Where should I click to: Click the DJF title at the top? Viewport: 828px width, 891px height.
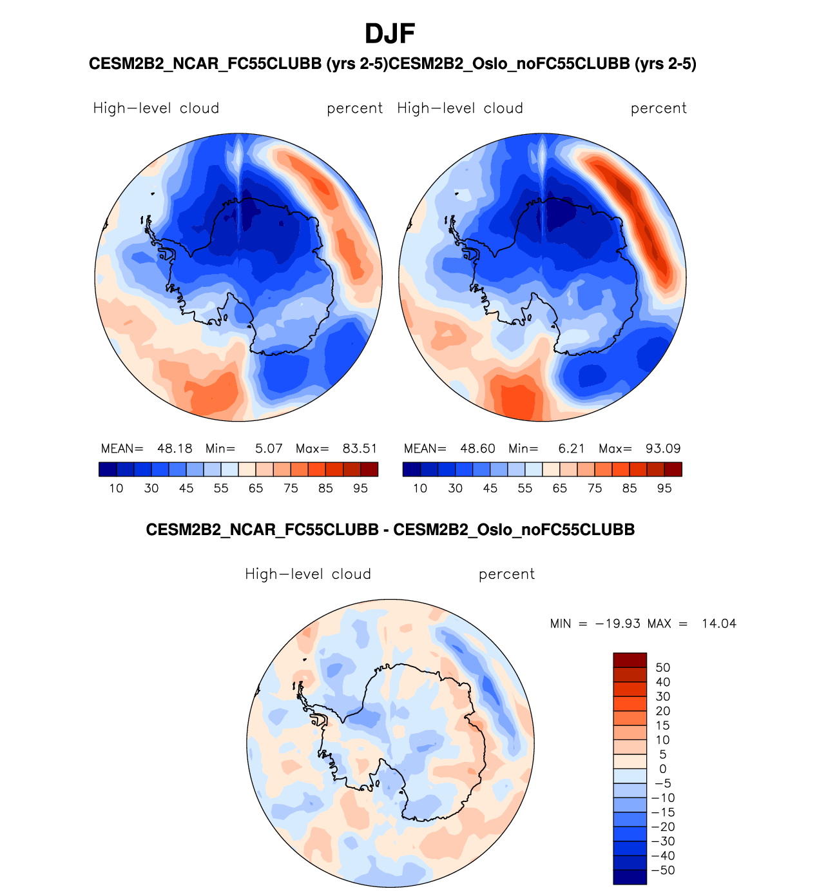[390, 34]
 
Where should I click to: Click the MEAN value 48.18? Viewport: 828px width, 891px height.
[175, 449]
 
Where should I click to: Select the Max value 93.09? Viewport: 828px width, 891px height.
[663, 449]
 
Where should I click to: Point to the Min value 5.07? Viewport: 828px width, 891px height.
[269, 449]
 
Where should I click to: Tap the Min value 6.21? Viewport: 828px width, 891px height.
[572, 449]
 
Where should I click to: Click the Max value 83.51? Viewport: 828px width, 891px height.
[360, 449]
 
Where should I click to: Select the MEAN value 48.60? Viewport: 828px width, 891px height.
[477, 449]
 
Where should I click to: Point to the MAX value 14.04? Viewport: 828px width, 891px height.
[719, 623]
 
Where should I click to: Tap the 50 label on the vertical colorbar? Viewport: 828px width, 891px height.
[662, 668]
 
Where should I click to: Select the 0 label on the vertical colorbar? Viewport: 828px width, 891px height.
[662, 769]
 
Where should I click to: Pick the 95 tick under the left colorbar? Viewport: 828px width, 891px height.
[360, 489]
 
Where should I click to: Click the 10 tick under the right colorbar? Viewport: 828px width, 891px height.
[420, 489]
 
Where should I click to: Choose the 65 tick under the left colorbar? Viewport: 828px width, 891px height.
[256, 489]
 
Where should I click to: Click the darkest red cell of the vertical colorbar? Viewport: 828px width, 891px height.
[630, 660]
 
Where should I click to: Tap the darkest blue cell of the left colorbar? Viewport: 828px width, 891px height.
[108, 469]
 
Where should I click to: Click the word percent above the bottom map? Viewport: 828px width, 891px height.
[506, 574]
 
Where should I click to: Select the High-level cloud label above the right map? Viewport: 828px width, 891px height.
[460, 108]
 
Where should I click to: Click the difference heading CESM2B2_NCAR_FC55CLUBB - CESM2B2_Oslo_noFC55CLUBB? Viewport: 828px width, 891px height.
[390, 530]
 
